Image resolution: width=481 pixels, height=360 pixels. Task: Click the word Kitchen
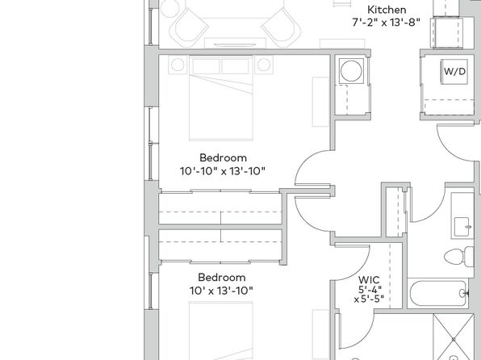387,10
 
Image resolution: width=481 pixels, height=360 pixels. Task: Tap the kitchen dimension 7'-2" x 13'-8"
386,22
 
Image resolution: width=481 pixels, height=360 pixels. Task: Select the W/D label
454,72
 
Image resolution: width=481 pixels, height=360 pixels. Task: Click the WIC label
369,280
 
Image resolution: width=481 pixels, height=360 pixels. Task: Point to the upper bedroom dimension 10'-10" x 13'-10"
223,170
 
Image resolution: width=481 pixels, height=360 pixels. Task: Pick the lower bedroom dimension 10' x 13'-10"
221,291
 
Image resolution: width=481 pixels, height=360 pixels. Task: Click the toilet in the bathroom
459,256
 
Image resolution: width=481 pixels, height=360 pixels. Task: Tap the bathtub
439,293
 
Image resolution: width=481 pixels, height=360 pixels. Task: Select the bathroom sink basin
462,227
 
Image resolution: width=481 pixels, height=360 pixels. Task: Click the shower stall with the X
454,337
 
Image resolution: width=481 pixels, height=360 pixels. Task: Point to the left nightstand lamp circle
178,65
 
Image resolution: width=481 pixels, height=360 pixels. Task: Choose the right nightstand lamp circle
264,65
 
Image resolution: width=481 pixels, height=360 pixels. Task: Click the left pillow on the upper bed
206,66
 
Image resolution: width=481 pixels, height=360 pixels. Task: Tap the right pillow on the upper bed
236,66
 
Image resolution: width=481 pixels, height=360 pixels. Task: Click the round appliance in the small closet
351,71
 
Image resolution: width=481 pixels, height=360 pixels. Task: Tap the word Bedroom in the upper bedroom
223,157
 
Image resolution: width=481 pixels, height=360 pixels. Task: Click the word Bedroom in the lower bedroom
222,278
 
